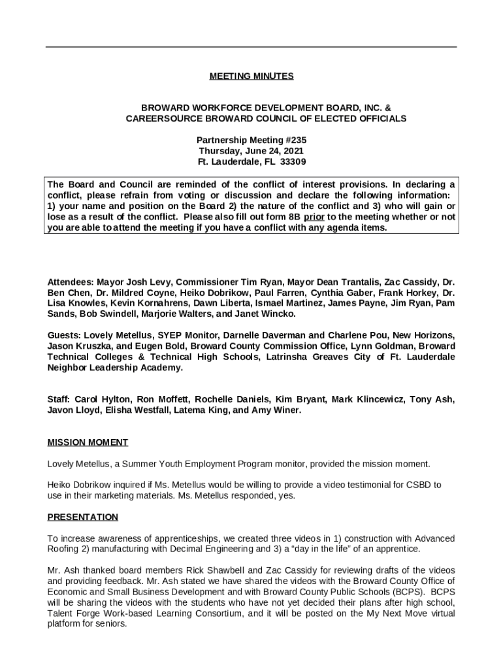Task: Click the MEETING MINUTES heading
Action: [x=252, y=76]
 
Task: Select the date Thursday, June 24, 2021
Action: [x=252, y=151]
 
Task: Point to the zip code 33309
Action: [x=293, y=162]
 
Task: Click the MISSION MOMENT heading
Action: [x=88, y=442]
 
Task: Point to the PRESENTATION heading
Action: [x=83, y=517]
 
